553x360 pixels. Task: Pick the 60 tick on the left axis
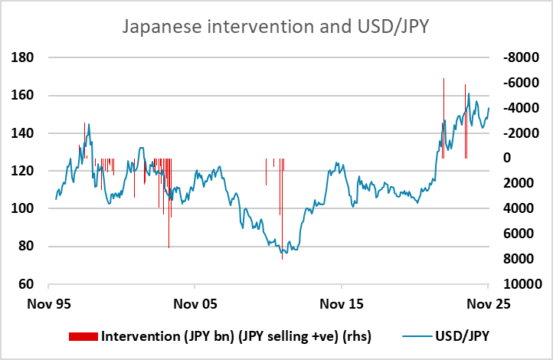pos(34,284)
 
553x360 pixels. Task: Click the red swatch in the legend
pos(84,335)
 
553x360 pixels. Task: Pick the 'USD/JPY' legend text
pos(460,335)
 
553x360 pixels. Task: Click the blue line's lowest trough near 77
pos(284,252)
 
